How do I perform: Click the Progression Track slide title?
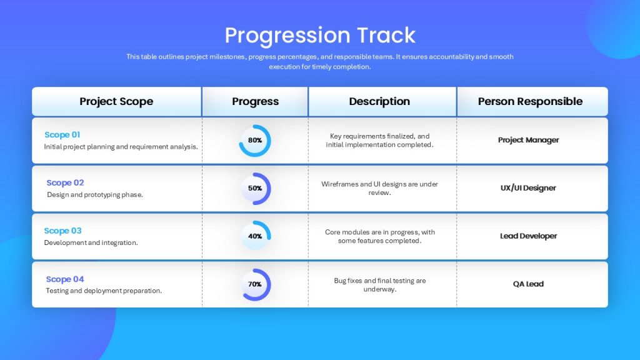click(320, 35)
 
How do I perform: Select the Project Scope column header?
click(116, 101)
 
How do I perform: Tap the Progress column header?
click(255, 101)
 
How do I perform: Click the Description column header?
click(379, 101)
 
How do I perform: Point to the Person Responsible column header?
click(530, 101)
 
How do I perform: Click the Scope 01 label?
click(62, 135)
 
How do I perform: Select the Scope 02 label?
click(65, 183)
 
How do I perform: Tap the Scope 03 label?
click(62, 231)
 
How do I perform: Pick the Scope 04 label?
click(64, 279)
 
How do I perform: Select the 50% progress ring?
click(269, 189)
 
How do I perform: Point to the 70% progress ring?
click(269, 284)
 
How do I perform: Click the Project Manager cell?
click(528, 140)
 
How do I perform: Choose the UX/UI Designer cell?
click(528, 187)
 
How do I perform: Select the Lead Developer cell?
click(528, 236)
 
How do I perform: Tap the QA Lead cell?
click(528, 284)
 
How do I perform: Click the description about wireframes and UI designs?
click(379, 188)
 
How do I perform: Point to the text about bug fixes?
click(379, 285)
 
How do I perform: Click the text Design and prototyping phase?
click(95, 195)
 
